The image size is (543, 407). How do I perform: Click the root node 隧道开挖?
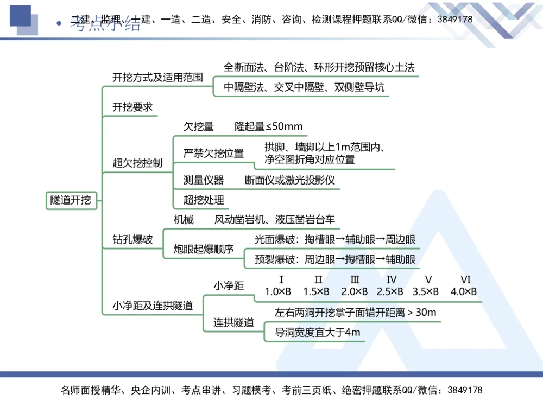tap(71, 200)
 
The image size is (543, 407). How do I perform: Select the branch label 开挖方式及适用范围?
tap(157, 78)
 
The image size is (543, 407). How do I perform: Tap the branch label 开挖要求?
tap(132, 107)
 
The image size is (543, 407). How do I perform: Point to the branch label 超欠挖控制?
tap(137, 163)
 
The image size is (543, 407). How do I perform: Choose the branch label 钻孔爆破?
tap(132, 239)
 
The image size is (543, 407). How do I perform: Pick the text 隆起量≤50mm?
tap(268, 127)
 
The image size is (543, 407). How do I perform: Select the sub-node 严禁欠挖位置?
tap(213, 154)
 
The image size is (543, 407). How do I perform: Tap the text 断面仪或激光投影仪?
tap(290, 180)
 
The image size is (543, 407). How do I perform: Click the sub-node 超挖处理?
tap(204, 200)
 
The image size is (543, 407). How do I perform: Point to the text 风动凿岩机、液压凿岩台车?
tap(275, 220)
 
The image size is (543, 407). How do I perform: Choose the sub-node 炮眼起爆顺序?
tap(204, 250)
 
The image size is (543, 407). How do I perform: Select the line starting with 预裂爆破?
tap(335, 259)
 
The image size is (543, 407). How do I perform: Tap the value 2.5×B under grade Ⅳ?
tap(390, 292)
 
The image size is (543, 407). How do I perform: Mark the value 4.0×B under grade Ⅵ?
tap(464, 292)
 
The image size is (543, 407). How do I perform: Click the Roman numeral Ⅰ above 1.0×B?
tap(281, 280)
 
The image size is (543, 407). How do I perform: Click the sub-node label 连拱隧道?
tap(233, 323)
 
